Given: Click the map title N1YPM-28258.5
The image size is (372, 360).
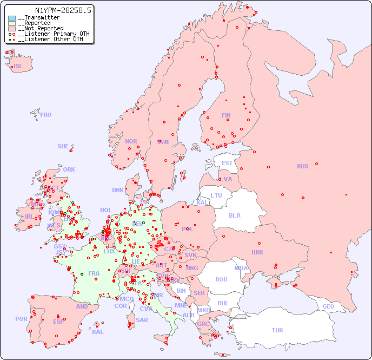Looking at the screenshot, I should pos(63,10).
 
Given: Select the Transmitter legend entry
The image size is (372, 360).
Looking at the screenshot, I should pos(38,18).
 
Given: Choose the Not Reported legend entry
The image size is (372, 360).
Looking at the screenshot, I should pos(41,28).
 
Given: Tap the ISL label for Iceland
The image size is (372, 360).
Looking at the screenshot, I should pos(18,67).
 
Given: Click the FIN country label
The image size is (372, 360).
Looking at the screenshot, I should pos(226,115).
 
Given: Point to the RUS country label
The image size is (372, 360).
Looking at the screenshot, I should pos(302,166).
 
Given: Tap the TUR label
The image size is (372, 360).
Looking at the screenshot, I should pos(277,330).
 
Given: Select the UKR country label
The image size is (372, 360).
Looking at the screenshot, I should pos(257,252).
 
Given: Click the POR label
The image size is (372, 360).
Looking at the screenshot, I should pos(21,319).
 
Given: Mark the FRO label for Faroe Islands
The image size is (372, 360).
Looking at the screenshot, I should pos(46,115).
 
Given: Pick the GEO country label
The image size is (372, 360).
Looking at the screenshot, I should pos(328,306).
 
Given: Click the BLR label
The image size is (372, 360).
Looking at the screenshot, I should pos(235,215).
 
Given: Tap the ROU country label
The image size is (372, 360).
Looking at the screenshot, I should pos(221,279).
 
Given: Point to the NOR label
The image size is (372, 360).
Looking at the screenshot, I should pos(131,141).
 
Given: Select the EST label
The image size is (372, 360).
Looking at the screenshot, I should pos(227,163).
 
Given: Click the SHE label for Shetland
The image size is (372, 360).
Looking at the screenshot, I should pos(63,146).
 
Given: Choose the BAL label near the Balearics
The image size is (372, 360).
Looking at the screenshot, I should pos(98,332).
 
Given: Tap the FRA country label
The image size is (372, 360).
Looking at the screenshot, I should pos(94,273).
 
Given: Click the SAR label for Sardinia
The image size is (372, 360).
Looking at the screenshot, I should pos(142,320).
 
